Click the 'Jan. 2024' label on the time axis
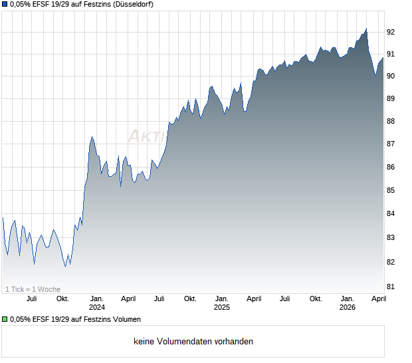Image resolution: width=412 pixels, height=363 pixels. click(x=97, y=303)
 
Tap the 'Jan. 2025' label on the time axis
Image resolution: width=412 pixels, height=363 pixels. click(x=222, y=303)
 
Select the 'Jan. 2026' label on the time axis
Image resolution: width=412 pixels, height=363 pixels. click(x=347, y=303)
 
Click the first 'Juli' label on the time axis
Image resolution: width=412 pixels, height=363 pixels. click(x=31, y=299)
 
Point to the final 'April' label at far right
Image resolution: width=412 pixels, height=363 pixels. click(x=377, y=299)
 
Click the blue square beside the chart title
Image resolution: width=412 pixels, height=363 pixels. click(x=5, y=5)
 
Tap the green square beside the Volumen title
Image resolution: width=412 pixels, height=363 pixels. click(x=5, y=320)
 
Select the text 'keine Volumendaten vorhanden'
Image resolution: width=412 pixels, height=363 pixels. click(x=193, y=342)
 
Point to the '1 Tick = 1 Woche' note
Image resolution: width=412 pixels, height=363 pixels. click(x=33, y=289)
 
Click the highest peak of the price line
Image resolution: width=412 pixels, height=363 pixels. click(x=366, y=29)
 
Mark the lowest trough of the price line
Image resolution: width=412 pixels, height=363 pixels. click(x=65, y=267)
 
